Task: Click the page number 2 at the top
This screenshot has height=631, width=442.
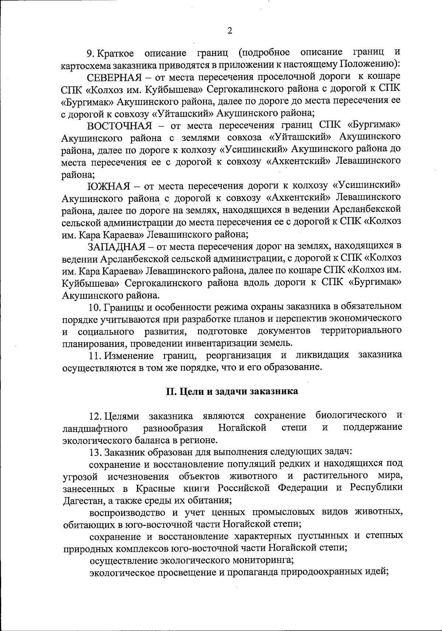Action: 229,31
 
